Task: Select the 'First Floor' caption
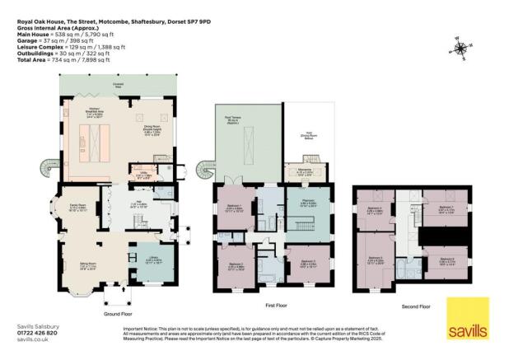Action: coord(276,306)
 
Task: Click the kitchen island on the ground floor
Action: coord(90,143)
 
